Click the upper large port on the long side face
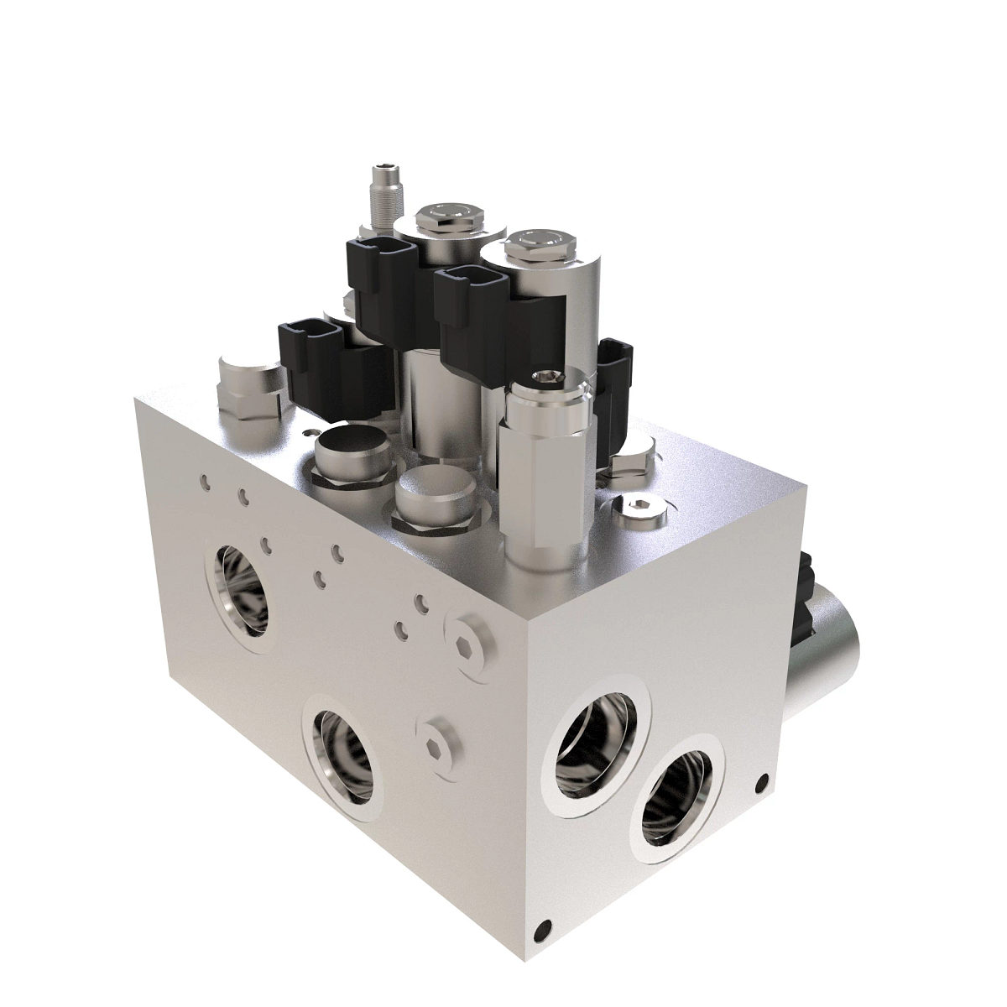[x=243, y=587]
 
